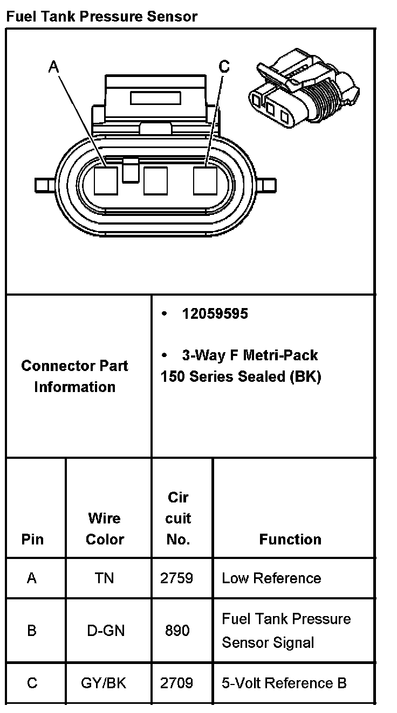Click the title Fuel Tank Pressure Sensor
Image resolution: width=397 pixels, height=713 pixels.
point(101,16)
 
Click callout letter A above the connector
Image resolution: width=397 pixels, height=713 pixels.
point(53,67)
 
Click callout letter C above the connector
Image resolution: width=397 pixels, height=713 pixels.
point(224,66)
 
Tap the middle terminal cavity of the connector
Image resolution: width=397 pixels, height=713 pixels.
point(155,180)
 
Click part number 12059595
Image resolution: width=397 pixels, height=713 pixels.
point(215,313)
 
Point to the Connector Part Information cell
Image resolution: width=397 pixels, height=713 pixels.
point(75,376)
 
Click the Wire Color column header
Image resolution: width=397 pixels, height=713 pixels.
point(105,528)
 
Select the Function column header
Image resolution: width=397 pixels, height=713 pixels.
point(290,539)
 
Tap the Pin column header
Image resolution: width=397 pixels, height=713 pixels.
point(32,539)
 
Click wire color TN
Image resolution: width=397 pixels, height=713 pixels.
point(104,578)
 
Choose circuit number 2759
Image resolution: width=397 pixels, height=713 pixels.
point(177,578)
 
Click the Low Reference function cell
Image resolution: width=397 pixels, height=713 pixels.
point(271,578)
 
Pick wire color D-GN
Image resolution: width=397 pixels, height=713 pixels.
point(106,630)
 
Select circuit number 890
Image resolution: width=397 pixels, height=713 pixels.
point(177,630)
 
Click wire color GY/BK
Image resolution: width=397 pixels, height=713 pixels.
point(104,683)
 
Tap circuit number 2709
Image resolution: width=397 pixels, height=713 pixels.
point(177,683)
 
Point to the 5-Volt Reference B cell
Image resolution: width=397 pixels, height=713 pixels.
point(284,683)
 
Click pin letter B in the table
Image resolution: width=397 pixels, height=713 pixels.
point(32,630)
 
